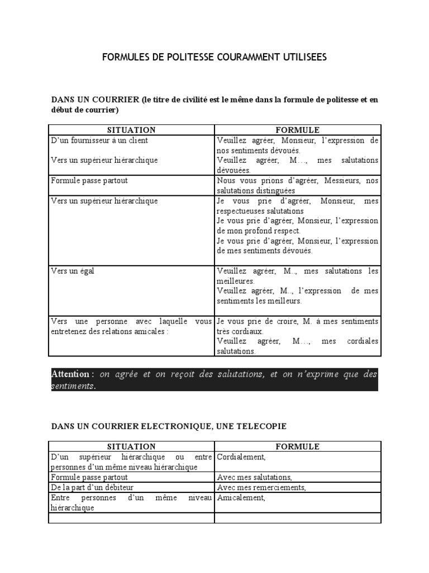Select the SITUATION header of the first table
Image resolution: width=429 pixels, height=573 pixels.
[131, 130]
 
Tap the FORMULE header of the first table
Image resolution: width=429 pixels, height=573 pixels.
[297, 130]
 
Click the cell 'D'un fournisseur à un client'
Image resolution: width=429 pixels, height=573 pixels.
[99, 140]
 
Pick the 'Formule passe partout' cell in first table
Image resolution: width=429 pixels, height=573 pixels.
[89, 181]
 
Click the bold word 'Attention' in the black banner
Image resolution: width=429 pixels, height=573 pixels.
[70, 374]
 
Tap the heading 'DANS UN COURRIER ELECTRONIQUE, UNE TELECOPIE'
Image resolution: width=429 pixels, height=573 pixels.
[169, 426]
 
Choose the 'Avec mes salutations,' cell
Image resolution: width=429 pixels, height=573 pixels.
[254, 477]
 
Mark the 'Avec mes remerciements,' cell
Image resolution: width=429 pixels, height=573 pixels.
[261, 487]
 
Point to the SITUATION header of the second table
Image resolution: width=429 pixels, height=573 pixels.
[131, 447]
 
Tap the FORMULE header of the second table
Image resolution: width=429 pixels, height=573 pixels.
[297, 447]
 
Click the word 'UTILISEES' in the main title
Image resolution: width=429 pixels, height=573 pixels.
[299, 57]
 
